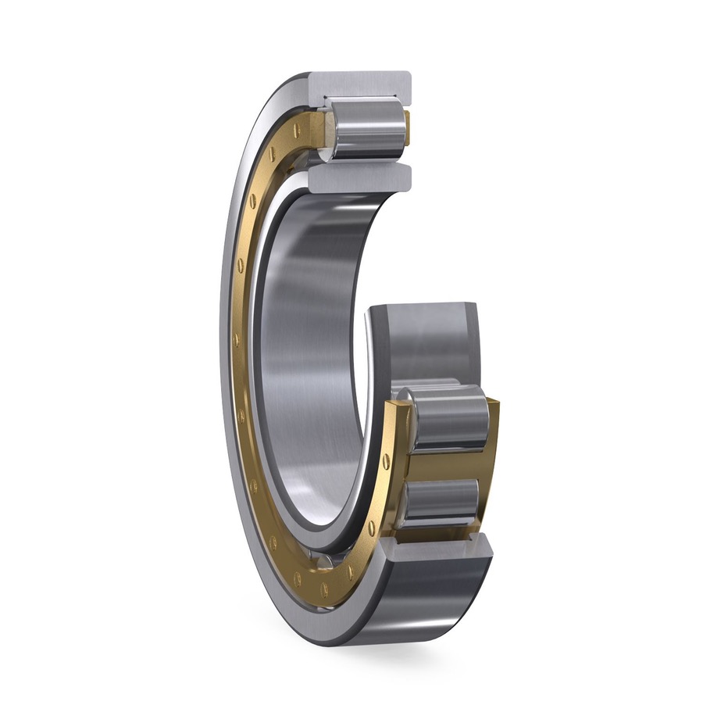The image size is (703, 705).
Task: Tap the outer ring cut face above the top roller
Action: [360, 84]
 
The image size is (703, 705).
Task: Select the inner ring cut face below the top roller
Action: [359, 177]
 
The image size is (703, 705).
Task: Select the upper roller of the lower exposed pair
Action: [449, 422]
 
